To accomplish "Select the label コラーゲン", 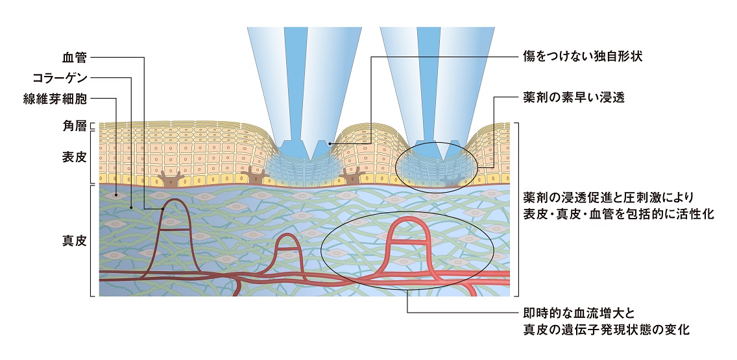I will point(59,78).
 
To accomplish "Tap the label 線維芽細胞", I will point(59,99).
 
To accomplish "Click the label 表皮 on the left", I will point(77,158).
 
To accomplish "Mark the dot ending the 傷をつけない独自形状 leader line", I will point(329,143).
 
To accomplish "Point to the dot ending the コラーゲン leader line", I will point(131,208).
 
